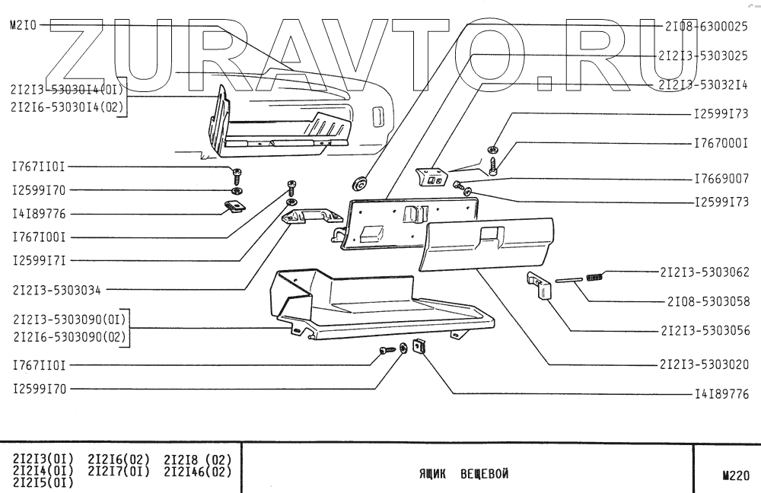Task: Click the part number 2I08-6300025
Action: pyautogui.click(x=705, y=26)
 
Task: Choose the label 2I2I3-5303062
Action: pyautogui.click(x=705, y=272)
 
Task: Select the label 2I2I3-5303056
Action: pyautogui.click(x=705, y=331)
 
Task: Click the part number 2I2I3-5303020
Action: pyautogui.click(x=705, y=365)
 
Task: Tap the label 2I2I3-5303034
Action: pyautogui.click(x=57, y=290)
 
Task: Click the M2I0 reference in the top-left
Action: pyautogui.click(x=23, y=25)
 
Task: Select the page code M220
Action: pyautogui.click(x=735, y=476)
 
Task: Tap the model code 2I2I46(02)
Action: pyautogui.click(x=197, y=472)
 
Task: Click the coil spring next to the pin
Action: pyautogui.click(x=596, y=277)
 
